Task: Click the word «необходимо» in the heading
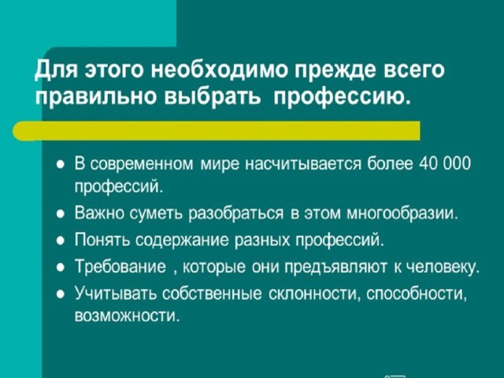[220, 70]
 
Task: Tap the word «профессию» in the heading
[340, 97]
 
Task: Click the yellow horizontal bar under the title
[217, 131]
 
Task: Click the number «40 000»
[445, 163]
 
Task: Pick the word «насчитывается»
[303, 164]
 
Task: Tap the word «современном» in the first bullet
[142, 164]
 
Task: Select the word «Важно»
[99, 213]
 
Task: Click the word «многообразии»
[402, 213]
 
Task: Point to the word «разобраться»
[236, 213]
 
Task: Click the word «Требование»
[120, 266]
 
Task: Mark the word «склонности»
[313, 293]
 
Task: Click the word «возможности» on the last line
[127, 316]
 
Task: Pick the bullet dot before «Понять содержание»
[60, 241]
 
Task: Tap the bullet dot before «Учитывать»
[60, 294]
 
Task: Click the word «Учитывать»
[116, 293]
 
